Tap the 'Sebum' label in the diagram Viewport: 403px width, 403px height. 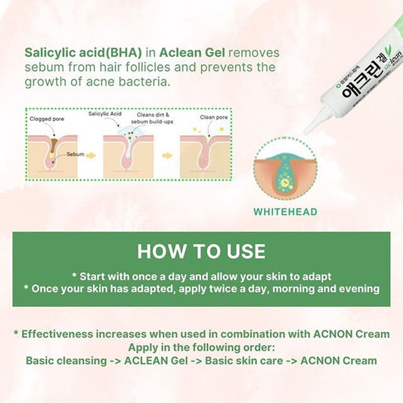(x=75, y=153)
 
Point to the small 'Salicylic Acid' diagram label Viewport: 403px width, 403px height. (x=105, y=113)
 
